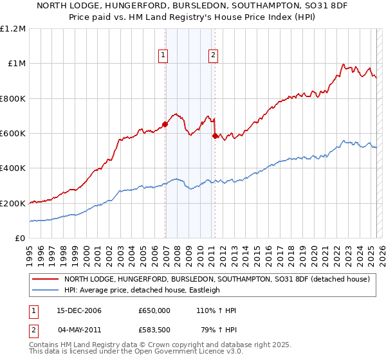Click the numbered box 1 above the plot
[x=164, y=55]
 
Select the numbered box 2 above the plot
[x=212, y=55]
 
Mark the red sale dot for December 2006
[x=165, y=125]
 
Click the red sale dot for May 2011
[x=215, y=136]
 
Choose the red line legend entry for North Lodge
[x=216, y=279]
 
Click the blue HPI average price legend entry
[x=142, y=290]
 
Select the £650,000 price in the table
[x=154, y=310]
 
